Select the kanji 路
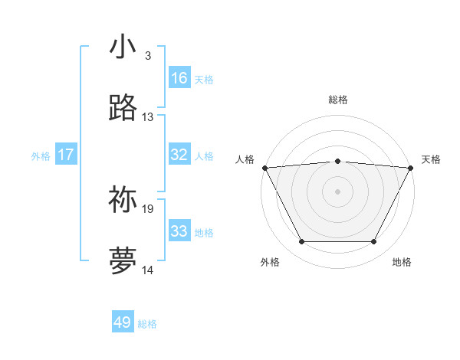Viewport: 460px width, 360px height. pyautogui.click(x=123, y=109)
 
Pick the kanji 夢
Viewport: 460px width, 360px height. pyautogui.click(x=123, y=261)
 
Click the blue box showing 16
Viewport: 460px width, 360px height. pyautogui.click(x=179, y=78)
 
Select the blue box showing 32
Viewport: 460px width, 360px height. pyautogui.click(x=179, y=155)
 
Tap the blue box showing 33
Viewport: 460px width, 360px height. pyautogui.click(x=179, y=231)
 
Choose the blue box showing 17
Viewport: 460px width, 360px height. pyautogui.click(x=66, y=155)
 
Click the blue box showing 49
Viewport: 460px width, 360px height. pyautogui.click(x=123, y=322)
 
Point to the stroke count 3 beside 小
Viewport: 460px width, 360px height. pyautogui.click(x=147, y=55)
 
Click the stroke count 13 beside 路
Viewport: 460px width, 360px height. pyautogui.click(x=148, y=117)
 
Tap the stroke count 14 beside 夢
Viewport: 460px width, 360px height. pyautogui.click(x=148, y=270)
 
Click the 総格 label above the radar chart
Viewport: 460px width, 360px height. pyautogui.click(x=338, y=100)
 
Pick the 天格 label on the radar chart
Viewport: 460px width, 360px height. pyautogui.click(x=432, y=159)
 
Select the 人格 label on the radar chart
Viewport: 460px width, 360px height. pyautogui.click(x=245, y=159)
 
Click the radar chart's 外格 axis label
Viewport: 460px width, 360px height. pyautogui.click(x=270, y=262)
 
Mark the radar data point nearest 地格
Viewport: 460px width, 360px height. pyautogui.click(x=374, y=242)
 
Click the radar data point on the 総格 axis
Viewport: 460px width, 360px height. pyautogui.click(x=338, y=161)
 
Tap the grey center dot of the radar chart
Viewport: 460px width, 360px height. pyautogui.click(x=338, y=191)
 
